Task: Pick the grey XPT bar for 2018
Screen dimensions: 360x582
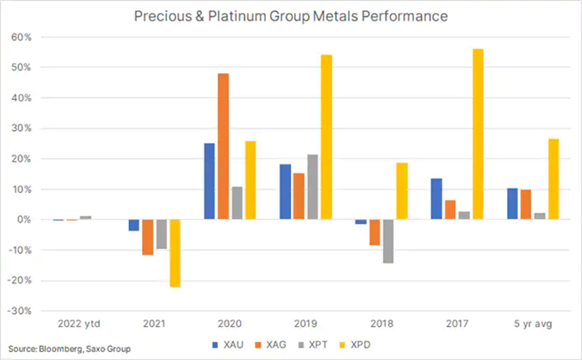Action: (x=387, y=241)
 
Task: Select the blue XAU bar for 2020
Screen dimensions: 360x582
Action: (x=209, y=181)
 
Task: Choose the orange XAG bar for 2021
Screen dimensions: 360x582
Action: (x=147, y=236)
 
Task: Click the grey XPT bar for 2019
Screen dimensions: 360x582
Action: (x=313, y=187)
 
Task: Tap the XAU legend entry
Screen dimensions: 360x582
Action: (x=228, y=345)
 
